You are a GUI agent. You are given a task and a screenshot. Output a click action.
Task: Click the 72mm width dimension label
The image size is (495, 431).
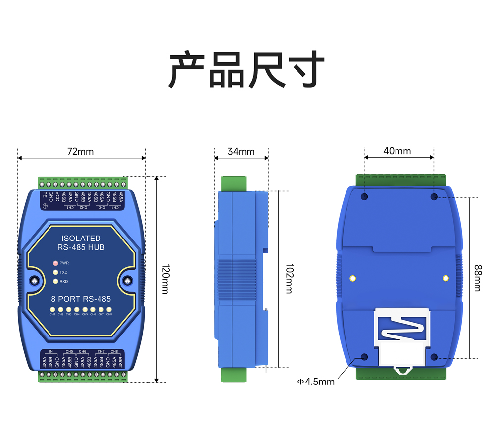[80, 151]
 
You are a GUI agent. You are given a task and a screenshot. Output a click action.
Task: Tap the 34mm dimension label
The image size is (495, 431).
[241, 151]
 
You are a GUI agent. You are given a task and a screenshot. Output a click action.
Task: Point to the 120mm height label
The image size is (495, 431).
[165, 280]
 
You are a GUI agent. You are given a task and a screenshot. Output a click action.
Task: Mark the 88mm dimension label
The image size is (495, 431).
[477, 278]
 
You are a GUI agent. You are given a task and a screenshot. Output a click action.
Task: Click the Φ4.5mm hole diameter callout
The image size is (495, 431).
[316, 382]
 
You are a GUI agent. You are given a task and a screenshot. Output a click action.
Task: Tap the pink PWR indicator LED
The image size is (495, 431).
[55, 263]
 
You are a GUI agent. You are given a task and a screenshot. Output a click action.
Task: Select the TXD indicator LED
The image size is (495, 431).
[55, 272]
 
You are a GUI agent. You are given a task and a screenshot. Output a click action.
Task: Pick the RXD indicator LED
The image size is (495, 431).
[55, 282]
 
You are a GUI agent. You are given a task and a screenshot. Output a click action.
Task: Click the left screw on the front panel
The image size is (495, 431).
[35, 281]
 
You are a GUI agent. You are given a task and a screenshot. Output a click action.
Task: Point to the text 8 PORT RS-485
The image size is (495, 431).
[81, 299]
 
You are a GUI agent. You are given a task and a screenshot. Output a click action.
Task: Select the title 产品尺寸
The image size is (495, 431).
[247, 70]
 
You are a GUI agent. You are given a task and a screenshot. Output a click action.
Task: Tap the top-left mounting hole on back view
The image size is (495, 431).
[365, 197]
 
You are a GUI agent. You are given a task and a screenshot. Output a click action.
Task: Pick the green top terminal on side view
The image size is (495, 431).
[234, 184]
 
